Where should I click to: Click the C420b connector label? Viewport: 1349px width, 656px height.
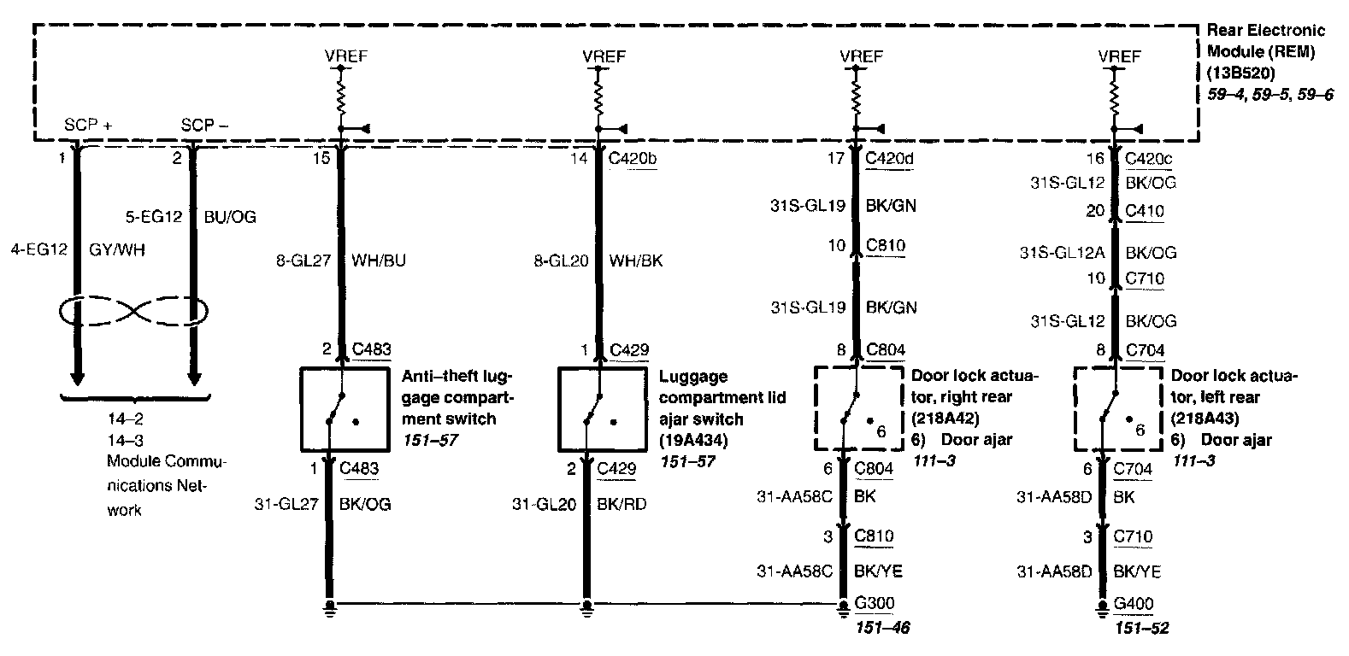pos(633,158)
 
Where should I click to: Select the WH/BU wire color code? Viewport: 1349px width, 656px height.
pos(379,261)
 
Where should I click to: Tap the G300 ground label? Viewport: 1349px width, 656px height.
pos(875,604)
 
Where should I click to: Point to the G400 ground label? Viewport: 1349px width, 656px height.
pos(1134,604)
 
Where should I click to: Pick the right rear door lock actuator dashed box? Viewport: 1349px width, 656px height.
pos(857,409)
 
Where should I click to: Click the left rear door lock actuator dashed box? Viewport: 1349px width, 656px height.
pos(1117,409)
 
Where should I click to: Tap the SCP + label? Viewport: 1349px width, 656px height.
pos(88,126)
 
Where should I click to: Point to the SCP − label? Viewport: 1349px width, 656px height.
pos(204,126)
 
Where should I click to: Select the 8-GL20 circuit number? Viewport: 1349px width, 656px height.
pos(562,261)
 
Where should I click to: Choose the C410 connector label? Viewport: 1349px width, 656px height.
pos(1145,211)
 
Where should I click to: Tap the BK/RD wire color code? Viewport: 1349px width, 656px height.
pos(621,504)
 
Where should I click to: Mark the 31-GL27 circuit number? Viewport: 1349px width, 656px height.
pos(286,504)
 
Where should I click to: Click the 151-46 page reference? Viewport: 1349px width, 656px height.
pos(882,628)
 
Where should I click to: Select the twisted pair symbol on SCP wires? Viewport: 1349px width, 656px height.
pos(134,313)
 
